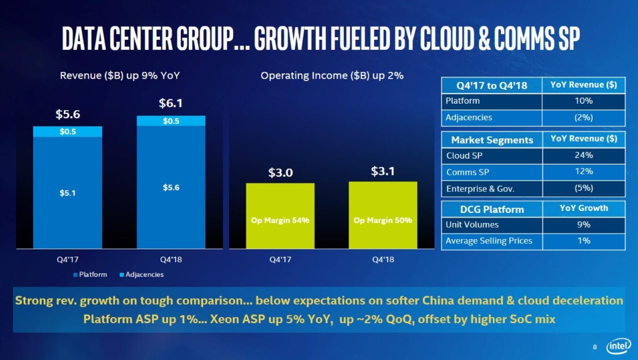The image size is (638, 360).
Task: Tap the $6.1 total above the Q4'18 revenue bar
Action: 171,104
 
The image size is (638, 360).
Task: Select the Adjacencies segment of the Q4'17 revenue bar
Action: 67,131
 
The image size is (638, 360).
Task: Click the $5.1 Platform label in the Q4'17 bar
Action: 67,192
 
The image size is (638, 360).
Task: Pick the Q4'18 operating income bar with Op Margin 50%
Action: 383,215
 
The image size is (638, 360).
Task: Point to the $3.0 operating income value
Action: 280,173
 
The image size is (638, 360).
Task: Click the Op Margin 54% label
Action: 280,221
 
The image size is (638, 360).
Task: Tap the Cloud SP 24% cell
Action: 583,155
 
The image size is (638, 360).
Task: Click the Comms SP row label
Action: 468,172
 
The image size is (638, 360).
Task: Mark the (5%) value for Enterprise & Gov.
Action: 583,188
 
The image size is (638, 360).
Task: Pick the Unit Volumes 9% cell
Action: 583,225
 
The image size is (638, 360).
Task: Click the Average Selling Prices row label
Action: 489,241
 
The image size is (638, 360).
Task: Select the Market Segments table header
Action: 491,140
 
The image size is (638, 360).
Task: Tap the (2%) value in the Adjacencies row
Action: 583,117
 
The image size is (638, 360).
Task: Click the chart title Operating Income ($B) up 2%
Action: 332,76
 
